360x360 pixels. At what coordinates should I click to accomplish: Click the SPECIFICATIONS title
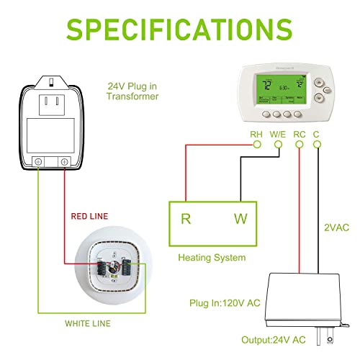click(x=180, y=30)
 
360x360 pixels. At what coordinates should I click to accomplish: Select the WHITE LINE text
click(x=88, y=323)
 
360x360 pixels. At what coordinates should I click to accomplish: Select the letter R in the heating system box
click(x=185, y=219)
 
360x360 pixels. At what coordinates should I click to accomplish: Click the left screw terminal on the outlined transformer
click(x=39, y=163)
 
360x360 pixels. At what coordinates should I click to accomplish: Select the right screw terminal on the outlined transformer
click(x=66, y=163)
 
